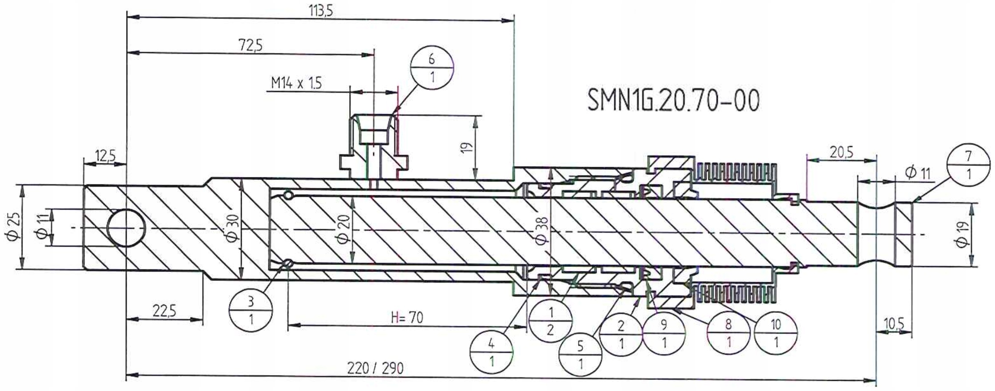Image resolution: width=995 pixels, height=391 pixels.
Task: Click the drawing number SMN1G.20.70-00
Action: click(x=673, y=101)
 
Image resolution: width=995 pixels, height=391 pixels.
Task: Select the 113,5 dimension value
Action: click(x=321, y=11)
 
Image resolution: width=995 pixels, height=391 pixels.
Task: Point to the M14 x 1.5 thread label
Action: click(x=296, y=83)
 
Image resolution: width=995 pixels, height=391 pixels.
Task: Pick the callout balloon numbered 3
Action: click(x=251, y=310)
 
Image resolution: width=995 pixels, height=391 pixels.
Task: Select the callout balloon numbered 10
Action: click(x=776, y=333)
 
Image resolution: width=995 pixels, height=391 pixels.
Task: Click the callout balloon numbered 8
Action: click(x=728, y=333)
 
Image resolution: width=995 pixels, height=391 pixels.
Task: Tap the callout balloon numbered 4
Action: click(x=492, y=352)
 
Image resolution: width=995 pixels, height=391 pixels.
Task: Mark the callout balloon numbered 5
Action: click(x=581, y=355)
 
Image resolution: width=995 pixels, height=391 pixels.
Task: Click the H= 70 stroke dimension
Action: click(x=407, y=317)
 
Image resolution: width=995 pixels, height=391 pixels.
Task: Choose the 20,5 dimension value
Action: click(x=841, y=152)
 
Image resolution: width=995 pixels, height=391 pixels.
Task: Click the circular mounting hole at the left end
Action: click(x=126, y=228)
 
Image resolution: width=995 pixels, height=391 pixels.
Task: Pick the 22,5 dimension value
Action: click(x=164, y=311)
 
